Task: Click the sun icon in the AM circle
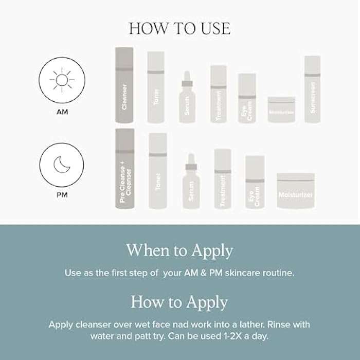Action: (62, 80)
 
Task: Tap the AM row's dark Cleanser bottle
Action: (124, 85)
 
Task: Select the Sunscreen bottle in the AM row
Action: (312, 89)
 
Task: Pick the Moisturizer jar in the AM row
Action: (281, 109)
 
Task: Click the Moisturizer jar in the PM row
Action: (296, 190)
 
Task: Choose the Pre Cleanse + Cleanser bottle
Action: (124, 169)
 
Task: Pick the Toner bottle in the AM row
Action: (156, 87)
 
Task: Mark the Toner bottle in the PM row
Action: (158, 171)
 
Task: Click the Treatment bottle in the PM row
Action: (223, 179)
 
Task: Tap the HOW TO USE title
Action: (180, 28)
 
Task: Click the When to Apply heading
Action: (179, 250)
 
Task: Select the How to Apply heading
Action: (179, 301)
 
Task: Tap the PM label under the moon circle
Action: (62, 195)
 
